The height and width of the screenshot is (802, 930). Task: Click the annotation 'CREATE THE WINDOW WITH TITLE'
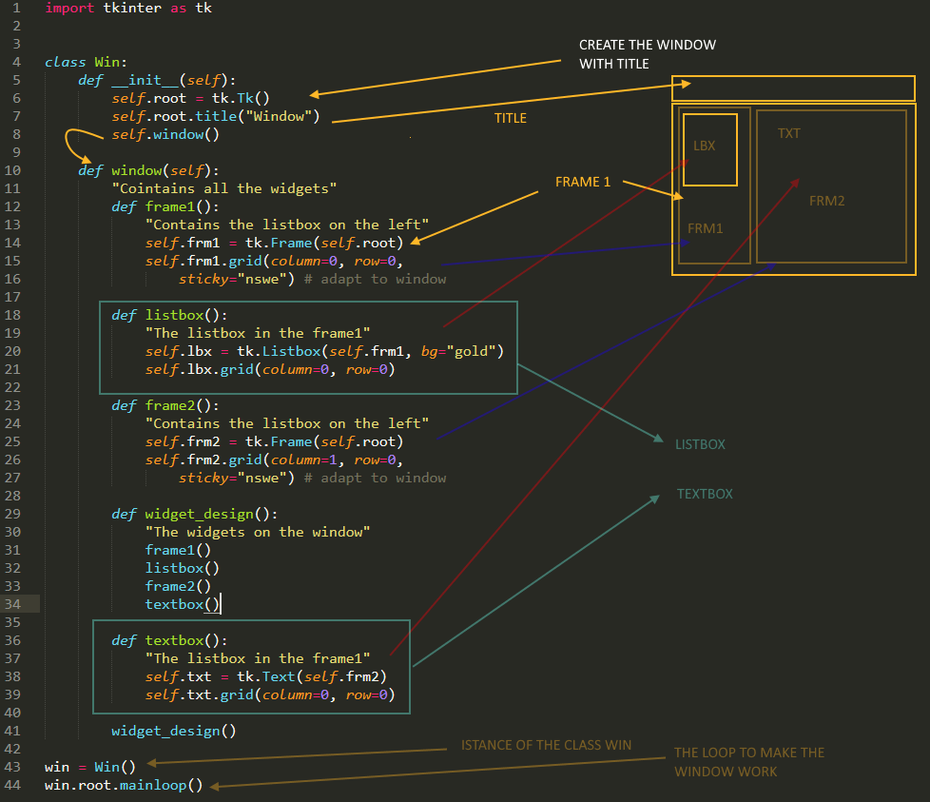coord(647,54)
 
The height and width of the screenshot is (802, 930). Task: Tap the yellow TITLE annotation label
coord(510,118)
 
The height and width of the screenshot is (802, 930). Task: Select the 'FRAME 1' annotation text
coord(583,182)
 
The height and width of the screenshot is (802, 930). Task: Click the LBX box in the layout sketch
coord(709,149)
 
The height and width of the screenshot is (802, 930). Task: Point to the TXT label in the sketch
coord(788,133)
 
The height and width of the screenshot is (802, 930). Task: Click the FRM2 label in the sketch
coord(826,201)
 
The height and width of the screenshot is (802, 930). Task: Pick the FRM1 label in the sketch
coord(705,228)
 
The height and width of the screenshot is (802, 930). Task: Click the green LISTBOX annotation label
coord(700,444)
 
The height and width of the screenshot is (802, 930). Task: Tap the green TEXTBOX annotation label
coord(705,494)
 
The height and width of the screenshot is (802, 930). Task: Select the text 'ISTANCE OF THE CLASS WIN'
coord(546,745)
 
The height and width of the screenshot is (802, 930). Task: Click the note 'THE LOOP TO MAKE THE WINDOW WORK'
coord(749,762)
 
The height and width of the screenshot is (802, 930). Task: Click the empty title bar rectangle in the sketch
coord(793,88)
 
